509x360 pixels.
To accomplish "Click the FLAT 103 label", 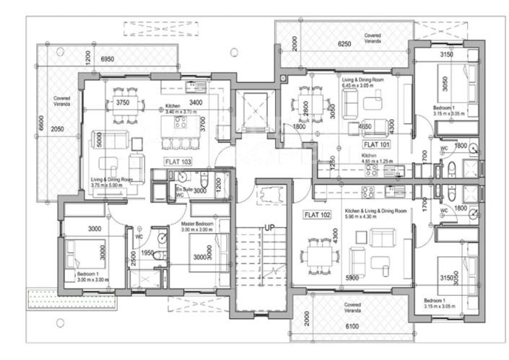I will pos(178,162).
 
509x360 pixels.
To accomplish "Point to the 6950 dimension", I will pos(108,58).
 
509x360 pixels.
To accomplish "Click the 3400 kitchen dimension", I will pos(196,103).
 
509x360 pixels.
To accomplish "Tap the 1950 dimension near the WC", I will pos(147,254).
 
